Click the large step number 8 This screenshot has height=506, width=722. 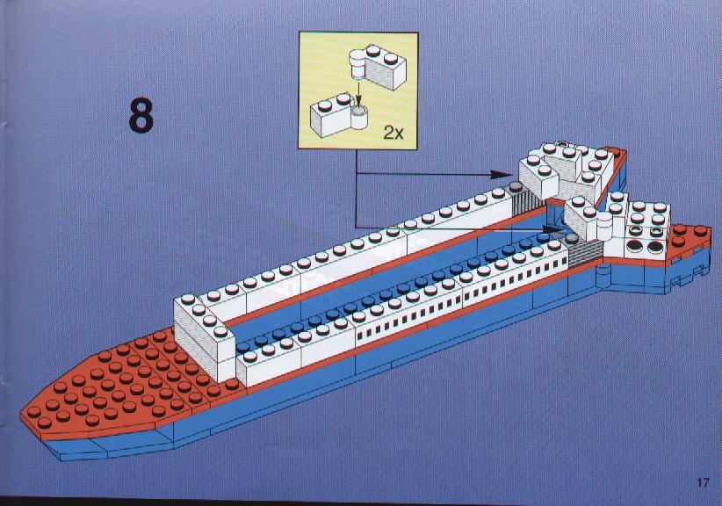[x=141, y=115]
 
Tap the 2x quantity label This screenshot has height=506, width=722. [x=393, y=133]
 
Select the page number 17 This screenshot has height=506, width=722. [x=703, y=483]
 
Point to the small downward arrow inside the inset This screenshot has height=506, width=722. [x=358, y=98]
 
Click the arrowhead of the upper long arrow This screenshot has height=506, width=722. [x=501, y=175]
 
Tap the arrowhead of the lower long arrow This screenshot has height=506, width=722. [x=552, y=228]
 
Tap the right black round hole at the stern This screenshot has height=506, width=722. [x=654, y=248]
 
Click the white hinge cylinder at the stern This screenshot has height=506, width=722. [x=604, y=227]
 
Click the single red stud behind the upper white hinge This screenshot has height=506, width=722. [x=611, y=150]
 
